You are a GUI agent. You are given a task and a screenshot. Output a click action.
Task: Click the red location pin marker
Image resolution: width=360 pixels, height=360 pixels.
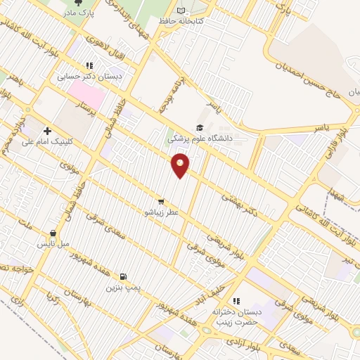point(181,165)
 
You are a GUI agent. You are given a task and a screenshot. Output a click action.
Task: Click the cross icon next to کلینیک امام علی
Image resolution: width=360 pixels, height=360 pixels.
point(47,130)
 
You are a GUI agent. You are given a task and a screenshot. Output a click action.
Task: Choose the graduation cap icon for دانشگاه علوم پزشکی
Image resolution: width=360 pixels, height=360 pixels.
point(200,127)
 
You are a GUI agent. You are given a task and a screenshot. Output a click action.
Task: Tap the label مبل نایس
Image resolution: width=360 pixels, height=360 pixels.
point(53,243)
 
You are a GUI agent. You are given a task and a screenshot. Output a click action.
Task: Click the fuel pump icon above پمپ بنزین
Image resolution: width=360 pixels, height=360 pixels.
point(124,276)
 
